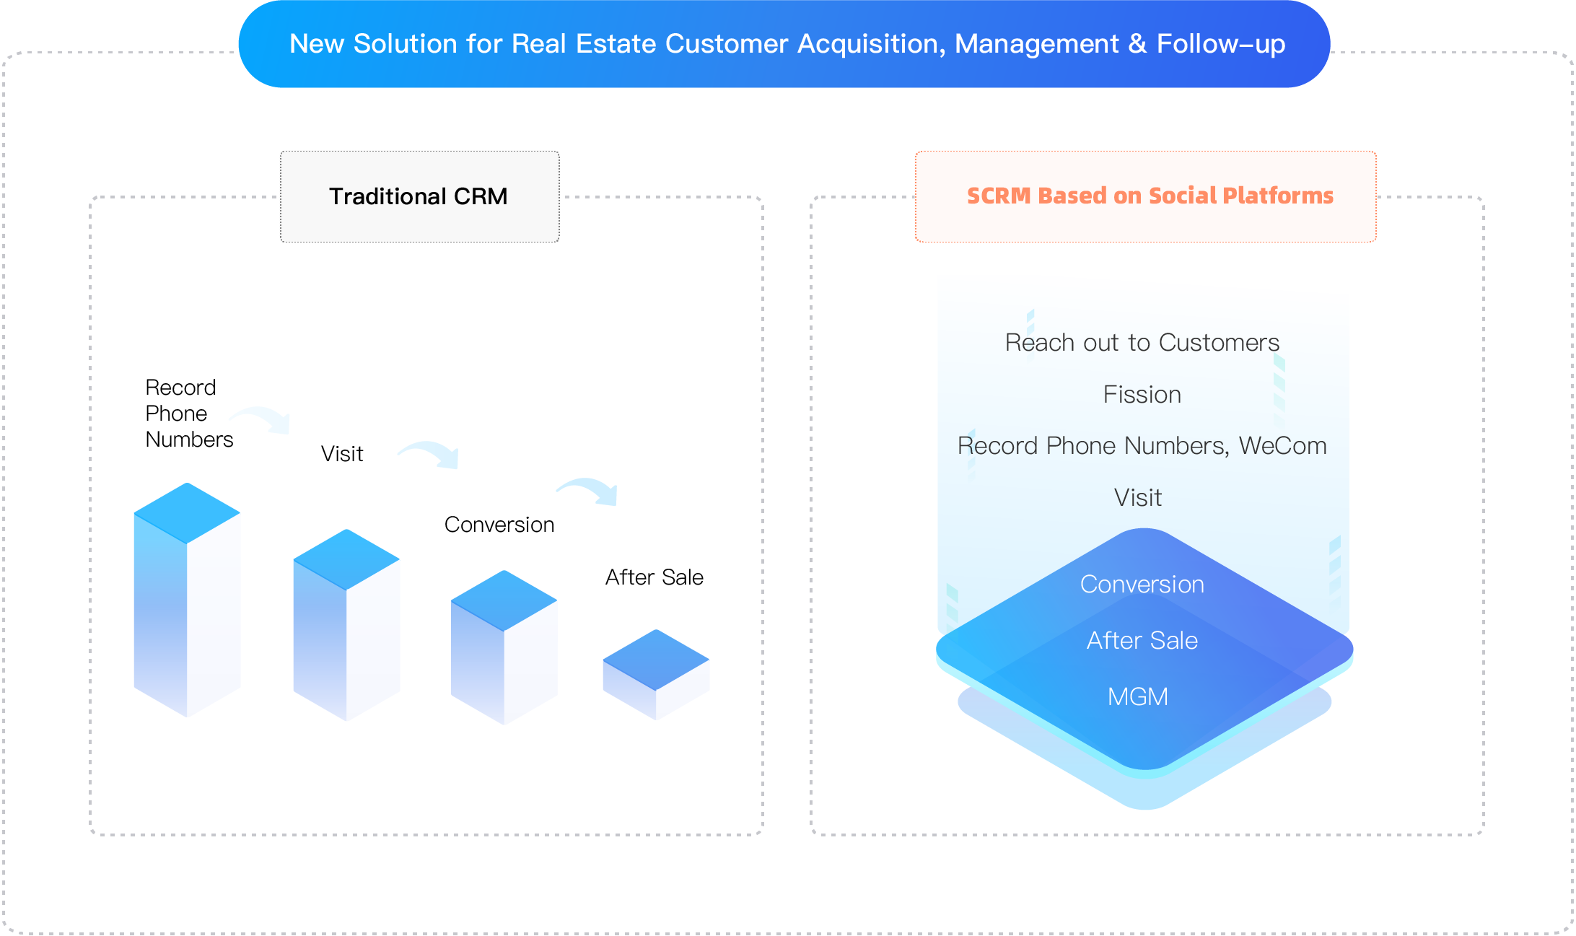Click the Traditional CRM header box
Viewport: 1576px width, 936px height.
tap(419, 196)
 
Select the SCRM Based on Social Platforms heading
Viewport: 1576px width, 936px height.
tap(1150, 196)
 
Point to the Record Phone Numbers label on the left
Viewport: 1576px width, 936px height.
tap(188, 414)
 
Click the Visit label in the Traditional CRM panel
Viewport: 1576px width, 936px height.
tap(342, 454)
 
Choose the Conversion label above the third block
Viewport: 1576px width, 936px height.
tap(499, 525)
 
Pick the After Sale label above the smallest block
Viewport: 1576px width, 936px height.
tap(654, 577)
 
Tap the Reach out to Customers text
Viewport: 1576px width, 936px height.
tap(1142, 343)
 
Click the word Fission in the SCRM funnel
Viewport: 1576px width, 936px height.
tap(1142, 395)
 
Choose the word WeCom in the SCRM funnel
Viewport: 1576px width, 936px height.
tap(1282, 446)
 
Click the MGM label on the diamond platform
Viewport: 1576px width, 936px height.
tap(1137, 697)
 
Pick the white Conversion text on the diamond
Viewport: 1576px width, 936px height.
tap(1142, 585)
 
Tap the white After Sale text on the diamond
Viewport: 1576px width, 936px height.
tap(1142, 641)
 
